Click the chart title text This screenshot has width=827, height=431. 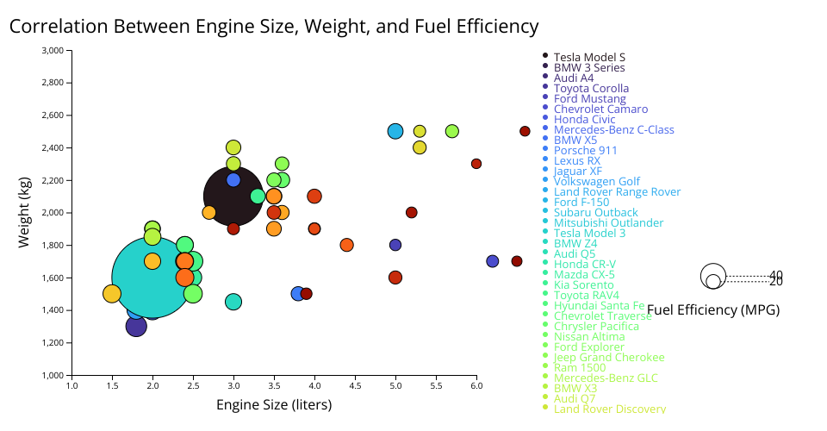(274, 27)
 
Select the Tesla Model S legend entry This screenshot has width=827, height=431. (589, 57)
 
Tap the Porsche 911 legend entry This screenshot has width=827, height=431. (583, 150)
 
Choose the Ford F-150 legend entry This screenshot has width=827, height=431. (583, 202)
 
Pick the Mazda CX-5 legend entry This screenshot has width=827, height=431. (584, 274)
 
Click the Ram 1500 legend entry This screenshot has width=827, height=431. (580, 367)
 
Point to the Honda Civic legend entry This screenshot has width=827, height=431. (584, 119)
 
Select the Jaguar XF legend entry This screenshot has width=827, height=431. (578, 171)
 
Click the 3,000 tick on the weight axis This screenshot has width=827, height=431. (53, 50)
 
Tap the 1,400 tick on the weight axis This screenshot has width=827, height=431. (53, 310)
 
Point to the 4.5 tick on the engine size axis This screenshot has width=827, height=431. (355, 386)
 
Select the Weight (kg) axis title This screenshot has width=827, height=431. (24, 213)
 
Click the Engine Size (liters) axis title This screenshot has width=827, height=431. (274, 404)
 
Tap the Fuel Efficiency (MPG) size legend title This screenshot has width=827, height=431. (713, 310)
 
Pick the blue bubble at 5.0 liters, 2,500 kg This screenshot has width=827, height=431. (395, 131)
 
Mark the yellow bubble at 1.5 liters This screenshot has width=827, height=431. (112, 294)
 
